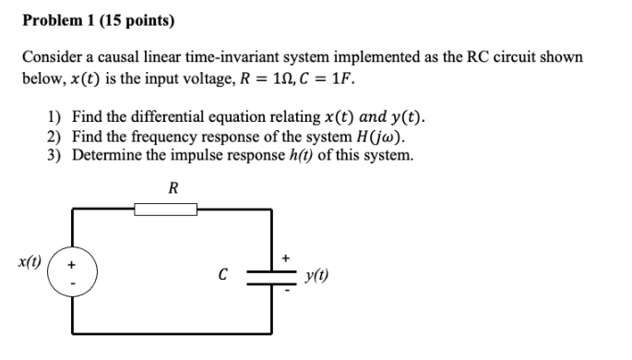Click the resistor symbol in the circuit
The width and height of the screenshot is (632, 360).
click(172, 210)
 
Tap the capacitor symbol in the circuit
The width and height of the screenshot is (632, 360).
click(273, 274)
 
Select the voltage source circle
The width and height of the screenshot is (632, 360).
click(72, 274)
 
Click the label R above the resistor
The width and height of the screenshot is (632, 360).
click(173, 188)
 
